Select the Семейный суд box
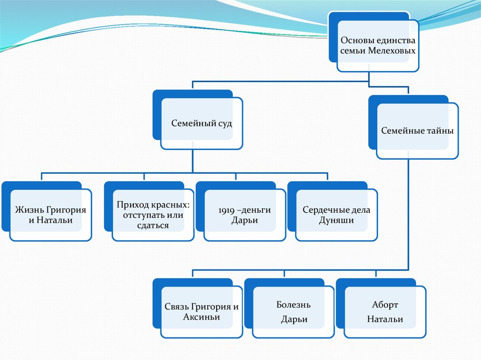[201, 124]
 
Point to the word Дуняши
[336, 220]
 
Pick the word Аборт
[385, 305]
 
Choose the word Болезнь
[294, 305]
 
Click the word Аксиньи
[202, 317]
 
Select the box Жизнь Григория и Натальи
[51, 215]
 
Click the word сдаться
[153, 226]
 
